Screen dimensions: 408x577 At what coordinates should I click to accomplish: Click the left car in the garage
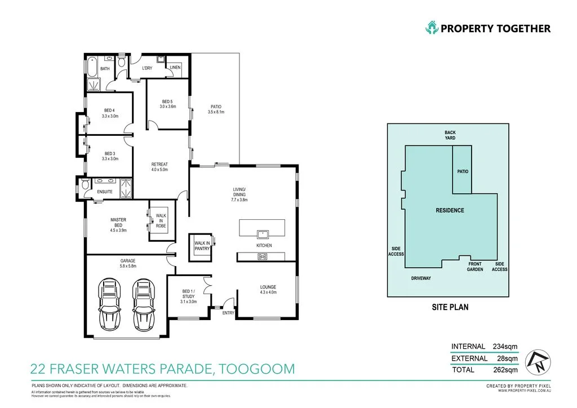[x=109, y=305]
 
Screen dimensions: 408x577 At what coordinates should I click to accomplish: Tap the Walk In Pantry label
[x=202, y=246]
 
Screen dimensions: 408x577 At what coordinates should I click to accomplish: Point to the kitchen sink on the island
[x=261, y=233]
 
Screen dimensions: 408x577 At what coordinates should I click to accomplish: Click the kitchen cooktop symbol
[x=263, y=256]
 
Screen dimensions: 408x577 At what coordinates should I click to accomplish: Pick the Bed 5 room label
[x=168, y=104]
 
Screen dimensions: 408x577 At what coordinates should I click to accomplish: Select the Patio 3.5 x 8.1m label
[x=216, y=109]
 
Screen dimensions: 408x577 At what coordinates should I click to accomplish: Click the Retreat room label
[x=159, y=167]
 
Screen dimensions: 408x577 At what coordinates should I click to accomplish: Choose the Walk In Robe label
[x=161, y=220]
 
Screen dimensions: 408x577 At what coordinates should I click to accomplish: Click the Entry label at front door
[x=228, y=313]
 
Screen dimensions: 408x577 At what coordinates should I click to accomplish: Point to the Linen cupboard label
[x=175, y=68]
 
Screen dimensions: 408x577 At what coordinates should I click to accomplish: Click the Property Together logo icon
[x=432, y=28]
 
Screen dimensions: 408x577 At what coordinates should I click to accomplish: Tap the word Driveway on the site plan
[x=420, y=278]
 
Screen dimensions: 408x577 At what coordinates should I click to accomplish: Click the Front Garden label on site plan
[x=475, y=267]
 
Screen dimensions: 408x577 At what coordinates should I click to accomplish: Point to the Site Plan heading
[x=450, y=307]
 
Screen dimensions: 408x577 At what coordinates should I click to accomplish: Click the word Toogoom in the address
[x=256, y=369]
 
